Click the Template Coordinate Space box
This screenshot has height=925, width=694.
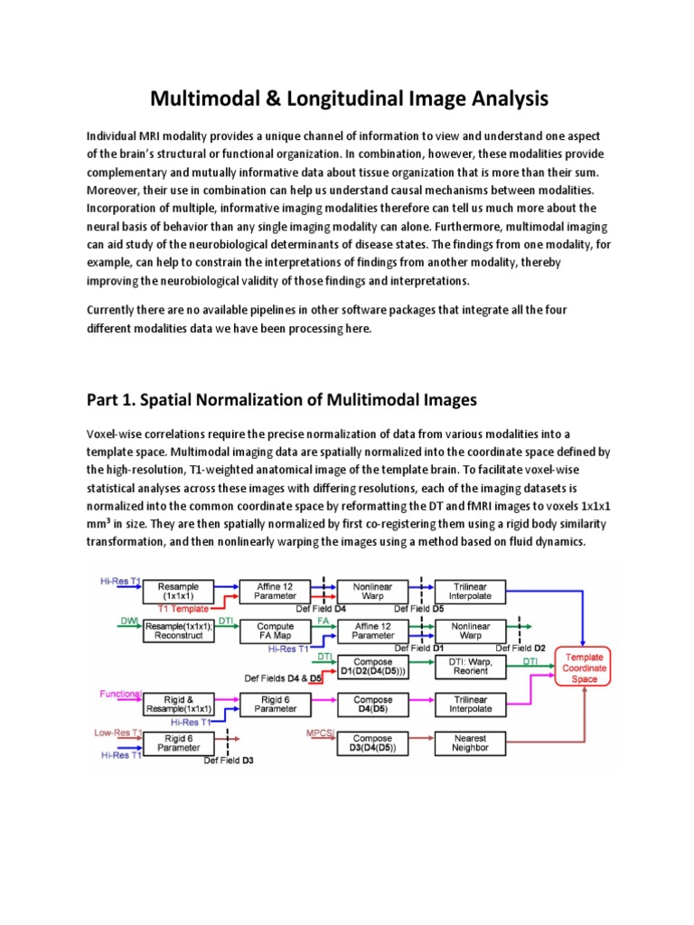point(586,667)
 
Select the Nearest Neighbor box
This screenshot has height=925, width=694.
point(470,743)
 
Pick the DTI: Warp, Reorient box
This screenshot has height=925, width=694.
point(470,667)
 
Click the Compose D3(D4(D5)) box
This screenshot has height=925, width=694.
point(373,743)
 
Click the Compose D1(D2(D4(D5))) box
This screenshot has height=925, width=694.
point(373,667)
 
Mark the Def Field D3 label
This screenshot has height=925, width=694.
point(229,761)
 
